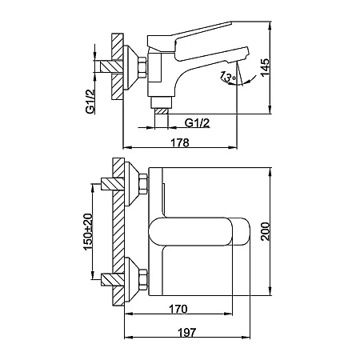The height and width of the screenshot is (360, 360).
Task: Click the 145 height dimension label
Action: click(x=266, y=68)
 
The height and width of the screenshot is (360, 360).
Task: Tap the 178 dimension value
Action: click(x=180, y=142)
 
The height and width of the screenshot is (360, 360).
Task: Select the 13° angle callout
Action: click(x=227, y=77)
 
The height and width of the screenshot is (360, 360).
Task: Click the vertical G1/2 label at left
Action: click(x=90, y=102)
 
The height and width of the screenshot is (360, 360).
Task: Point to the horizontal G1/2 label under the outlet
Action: click(x=197, y=123)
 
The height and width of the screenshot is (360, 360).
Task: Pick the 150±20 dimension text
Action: click(x=88, y=232)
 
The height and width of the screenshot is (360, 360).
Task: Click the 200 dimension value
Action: click(x=266, y=231)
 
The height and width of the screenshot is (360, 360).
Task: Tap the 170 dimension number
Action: click(x=178, y=309)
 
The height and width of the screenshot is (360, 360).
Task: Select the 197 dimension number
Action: click(x=186, y=333)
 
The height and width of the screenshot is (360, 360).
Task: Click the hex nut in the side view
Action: click(x=142, y=68)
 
